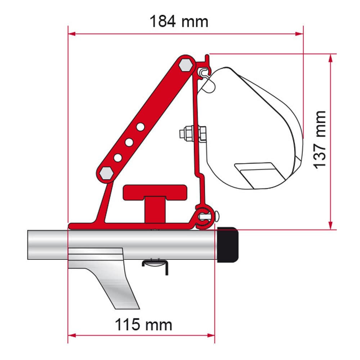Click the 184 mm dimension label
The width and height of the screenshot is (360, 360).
[179, 22]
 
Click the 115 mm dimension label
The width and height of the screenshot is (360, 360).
[143, 325]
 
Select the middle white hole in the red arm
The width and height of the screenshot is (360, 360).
[129, 142]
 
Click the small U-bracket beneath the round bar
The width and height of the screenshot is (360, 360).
[155, 265]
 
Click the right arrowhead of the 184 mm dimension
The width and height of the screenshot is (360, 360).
[300, 34]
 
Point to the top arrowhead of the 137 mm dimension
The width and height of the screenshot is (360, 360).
[330, 58]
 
